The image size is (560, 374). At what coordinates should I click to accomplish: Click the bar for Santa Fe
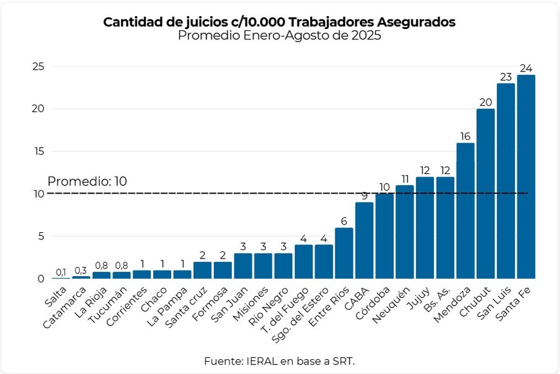click(526, 177)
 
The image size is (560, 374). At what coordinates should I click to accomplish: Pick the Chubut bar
click(485, 193)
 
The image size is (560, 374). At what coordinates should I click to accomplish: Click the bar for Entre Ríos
click(344, 253)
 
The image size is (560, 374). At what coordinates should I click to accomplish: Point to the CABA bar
click(364, 240)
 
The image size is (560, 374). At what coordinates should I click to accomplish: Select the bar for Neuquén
click(405, 231)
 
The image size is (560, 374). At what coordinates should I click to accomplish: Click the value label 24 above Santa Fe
click(526, 68)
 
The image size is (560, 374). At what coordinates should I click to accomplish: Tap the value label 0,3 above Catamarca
click(81, 270)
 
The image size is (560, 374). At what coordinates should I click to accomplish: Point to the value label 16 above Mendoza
click(465, 136)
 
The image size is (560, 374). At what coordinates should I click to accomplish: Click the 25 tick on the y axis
click(38, 66)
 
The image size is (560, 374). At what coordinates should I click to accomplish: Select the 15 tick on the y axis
click(38, 152)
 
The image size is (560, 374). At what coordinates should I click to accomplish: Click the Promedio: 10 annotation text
click(87, 181)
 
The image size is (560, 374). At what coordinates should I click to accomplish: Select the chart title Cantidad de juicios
click(279, 22)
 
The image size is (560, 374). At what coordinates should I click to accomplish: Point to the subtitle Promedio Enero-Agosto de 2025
click(279, 36)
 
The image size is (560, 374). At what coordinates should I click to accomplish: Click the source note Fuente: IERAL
click(279, 360)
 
